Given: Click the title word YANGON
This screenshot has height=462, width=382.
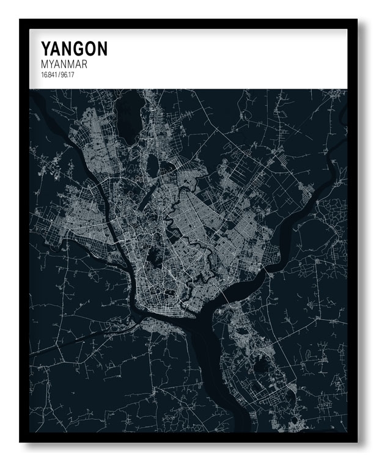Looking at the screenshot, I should click(x=74, y=48).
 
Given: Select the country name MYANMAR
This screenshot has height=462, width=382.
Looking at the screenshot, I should click(x=64, y=64).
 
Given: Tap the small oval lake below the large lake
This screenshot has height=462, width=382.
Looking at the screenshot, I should click(x=152, y=166).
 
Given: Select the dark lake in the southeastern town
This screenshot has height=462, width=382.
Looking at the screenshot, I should click(x=261, y=367).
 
